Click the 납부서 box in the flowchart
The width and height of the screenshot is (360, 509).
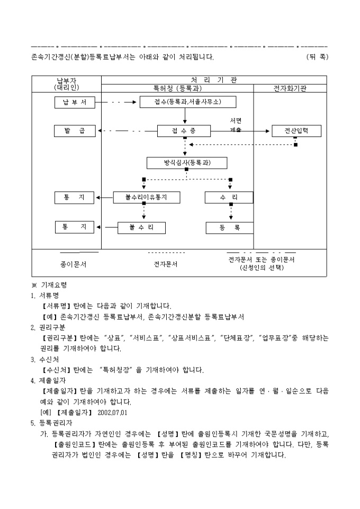click(75, 103)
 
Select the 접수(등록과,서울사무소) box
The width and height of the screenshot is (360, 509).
click(187, 102)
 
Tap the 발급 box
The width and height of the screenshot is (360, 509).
click(75, 131)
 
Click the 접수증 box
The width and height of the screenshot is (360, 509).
click(184, 131)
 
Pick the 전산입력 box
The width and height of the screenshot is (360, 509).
click(296, 131)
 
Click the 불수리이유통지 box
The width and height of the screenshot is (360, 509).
click(146, 197)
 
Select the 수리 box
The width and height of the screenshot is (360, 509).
click(229, 197)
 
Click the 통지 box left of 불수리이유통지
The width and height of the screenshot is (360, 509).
click(75, 197)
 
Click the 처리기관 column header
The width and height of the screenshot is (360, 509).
click(214, 80)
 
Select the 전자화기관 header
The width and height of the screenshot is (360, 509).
click(290, 88)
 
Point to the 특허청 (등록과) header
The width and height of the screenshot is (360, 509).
click(177, 88)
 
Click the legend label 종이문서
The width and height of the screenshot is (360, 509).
click(73, 263)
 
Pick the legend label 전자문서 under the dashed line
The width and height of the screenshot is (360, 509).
click(166, 263)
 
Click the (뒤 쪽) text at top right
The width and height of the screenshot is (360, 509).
click(317, 57)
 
